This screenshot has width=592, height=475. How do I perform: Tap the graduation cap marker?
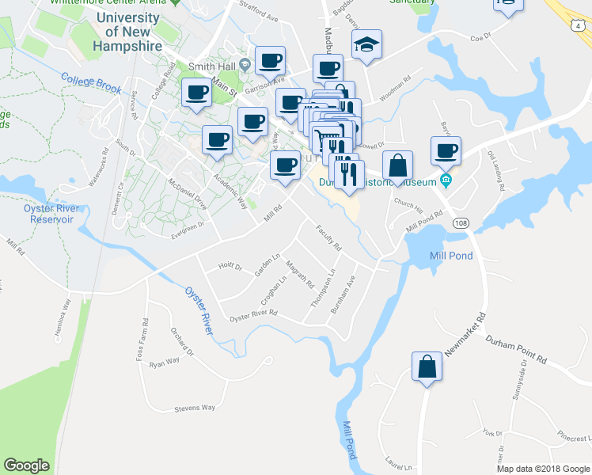click(366, 45)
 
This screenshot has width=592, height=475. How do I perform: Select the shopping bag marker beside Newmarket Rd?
click(427, 367)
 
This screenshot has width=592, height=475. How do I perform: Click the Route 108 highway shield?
click(460, 224)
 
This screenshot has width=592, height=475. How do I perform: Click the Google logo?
click(27, 465)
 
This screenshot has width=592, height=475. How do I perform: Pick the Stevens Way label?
click(195, 408)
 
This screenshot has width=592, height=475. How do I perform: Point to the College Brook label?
click(91, 83)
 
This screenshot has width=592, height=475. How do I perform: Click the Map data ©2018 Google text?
click(542, 469)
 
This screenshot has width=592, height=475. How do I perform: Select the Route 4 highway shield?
click(579, 26)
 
